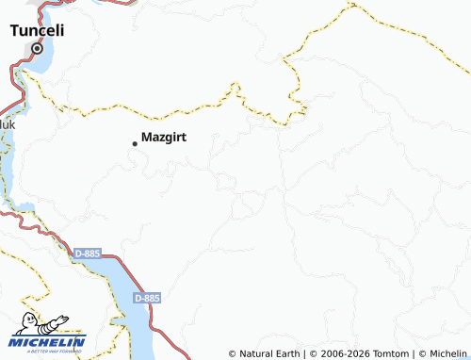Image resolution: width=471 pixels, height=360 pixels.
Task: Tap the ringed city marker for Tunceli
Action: click(x=39, y=48)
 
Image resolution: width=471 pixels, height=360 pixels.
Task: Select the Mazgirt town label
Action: click(x=163, y=137)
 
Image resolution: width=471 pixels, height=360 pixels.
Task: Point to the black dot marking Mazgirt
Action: click(x=135, y=143)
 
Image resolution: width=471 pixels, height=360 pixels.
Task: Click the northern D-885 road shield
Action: click(x=87, y=253)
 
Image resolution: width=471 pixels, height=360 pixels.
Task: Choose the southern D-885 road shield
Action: click(x=147, y=297)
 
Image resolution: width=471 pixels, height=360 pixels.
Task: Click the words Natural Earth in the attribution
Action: click(x=268, y=354)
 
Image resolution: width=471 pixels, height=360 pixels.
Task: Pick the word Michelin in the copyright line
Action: click(x=447, y=354)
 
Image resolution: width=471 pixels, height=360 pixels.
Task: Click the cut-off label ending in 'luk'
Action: click(x=7, y=123)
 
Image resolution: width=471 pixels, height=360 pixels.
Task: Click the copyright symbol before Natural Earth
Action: click(x=232, y=354)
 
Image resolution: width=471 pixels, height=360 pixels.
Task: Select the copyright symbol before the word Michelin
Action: click(x=421, y=354)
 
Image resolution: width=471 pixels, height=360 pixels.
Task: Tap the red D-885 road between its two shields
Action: click(x=117, y=274)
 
